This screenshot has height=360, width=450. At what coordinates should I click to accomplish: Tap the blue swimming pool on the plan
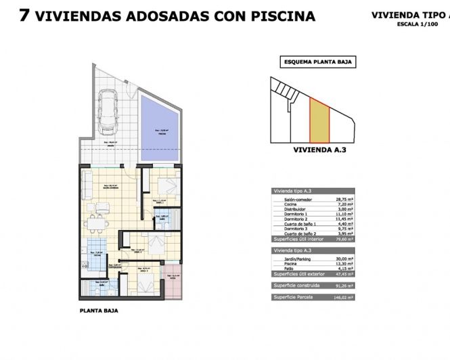pos(160,128)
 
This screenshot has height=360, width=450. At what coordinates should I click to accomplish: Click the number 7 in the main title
pos(24,16)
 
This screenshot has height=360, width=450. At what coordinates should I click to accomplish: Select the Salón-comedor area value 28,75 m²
pos(344,200)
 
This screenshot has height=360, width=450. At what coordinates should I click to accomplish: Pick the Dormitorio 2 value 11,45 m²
pos(344,219)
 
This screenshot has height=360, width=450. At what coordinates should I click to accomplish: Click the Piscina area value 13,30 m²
pos(344,263)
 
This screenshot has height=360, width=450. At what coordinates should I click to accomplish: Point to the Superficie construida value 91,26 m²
pos(344,286)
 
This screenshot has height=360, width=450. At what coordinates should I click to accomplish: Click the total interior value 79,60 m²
pos(344,239)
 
